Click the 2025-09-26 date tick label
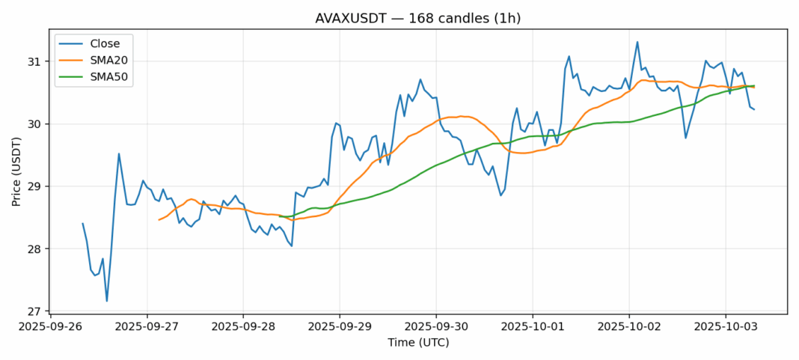click(x=50, y=327)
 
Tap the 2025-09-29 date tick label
click(x=340, y=327)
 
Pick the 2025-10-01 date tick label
click(x=533, y=327)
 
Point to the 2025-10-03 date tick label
click(x=725, y=327)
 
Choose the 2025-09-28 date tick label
click(x=243, y=327)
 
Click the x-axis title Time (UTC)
click(x=418, y=342)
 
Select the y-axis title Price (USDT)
click(x=16, y=171)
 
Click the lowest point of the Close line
click(x=107, y=301)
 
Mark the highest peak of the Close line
click(x=637, y=42)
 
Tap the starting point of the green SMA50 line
click(x=279, y=216)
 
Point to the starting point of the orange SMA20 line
click(x=159, y=220)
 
